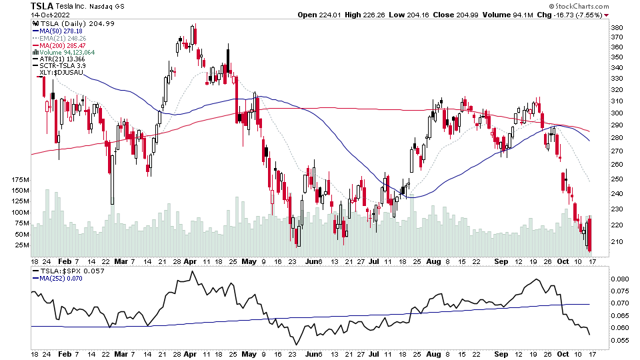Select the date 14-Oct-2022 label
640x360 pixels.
[x=51, y=15]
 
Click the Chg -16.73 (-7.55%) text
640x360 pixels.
[x=571, y=15]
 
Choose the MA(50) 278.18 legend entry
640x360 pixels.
[x=62, y=30]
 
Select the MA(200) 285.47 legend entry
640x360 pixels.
[x=63, y=45]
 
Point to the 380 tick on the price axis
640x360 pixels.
[x=617, y=27]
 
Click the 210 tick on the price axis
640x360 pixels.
[x=617, y=241]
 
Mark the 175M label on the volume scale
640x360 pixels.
[x=20, y=180]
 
